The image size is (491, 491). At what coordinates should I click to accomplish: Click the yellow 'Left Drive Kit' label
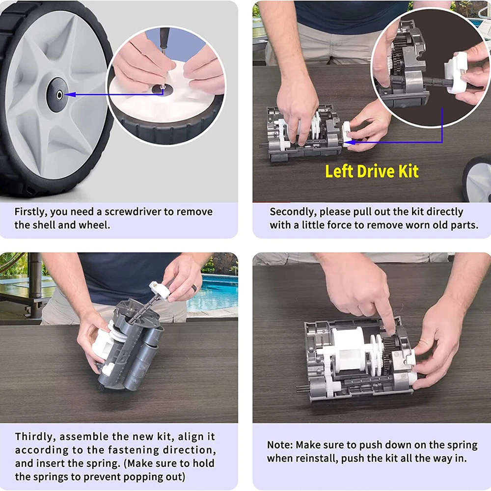tap(372, 171)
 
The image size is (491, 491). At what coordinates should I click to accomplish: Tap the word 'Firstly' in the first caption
tap(31, 212)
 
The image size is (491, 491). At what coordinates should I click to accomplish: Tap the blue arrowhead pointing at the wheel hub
tap(70, 94)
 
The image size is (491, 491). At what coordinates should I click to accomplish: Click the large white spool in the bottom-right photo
tap(348, 348)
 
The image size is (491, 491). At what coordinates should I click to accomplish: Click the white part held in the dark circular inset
tap(456, 73)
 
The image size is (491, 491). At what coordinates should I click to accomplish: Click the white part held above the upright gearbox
tap(160, 290)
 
